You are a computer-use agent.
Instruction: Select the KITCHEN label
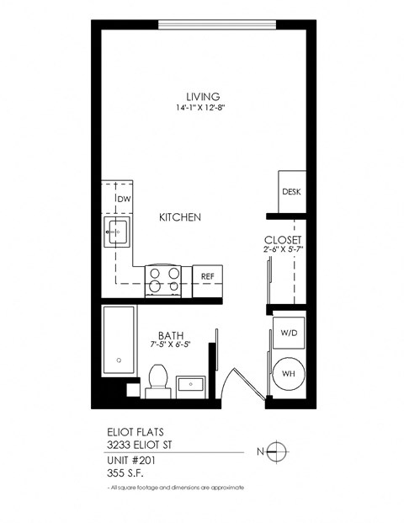click(180, 217)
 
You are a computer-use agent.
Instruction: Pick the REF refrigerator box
click(207, 275)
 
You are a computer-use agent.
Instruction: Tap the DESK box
click(291, 192)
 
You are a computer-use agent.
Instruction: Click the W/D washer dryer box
click(288, 333)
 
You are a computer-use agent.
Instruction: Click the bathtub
click(118, 342)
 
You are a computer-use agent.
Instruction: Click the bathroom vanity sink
click(194, 386)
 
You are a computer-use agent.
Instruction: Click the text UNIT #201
click(131, 460)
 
